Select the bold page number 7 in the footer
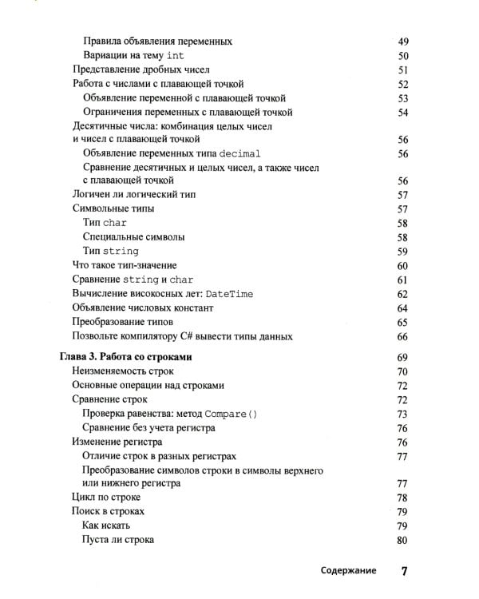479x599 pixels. [x=404, y=570]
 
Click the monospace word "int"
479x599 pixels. [x=176, y=55]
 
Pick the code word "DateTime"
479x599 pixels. [x=228, y=294]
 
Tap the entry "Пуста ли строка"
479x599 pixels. [x=118, y=540]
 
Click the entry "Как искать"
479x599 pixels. [x=106, y=526]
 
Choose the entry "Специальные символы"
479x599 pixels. [x=133, y=237]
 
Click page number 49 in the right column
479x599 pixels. [x=402, y=41]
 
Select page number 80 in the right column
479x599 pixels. [x=402, y=540]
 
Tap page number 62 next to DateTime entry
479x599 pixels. [x=402, y=294]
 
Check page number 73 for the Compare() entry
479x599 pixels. [x=402, y=414]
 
